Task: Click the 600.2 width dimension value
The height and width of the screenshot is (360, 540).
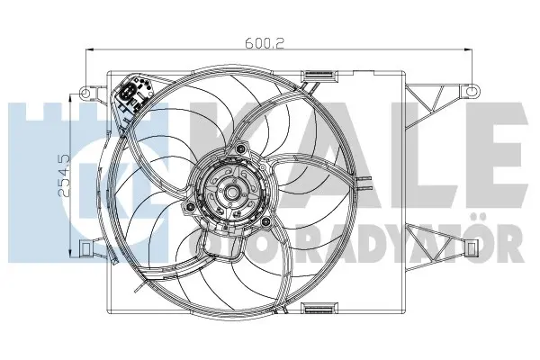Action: click(x=265, y=43)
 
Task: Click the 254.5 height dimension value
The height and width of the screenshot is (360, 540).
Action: click(x=65, y=175)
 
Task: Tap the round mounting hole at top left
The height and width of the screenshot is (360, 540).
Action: click(x=85, y=93)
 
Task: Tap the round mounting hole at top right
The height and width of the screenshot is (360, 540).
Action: click(x=472, y=91)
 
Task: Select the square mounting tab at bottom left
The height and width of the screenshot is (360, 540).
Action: click(x=85, y=247)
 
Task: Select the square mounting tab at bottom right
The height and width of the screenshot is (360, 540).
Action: click(x=472, y=247)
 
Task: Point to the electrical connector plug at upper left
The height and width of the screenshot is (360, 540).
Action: click(x=129, y=93)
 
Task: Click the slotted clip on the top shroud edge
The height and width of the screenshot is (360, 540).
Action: click(x=319, y=75)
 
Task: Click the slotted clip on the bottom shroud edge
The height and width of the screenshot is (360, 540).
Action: click(x=319, y=308)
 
